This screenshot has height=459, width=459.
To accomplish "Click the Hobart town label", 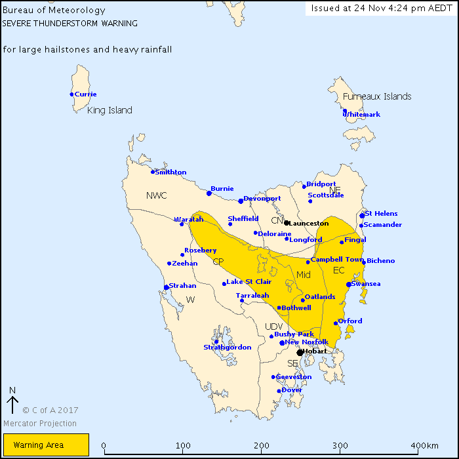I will (315, 351).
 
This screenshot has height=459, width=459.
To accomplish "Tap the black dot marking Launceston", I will (287, 223).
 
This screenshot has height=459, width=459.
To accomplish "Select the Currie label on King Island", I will (85, 94).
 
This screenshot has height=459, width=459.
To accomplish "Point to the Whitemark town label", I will (363, 115).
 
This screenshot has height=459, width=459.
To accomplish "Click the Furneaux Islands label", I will (377, 96).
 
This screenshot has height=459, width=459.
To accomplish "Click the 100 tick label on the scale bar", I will (183, 446).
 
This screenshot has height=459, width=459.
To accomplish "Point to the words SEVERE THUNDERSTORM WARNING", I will (70, 23).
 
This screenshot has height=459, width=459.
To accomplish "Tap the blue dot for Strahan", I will (166, 287).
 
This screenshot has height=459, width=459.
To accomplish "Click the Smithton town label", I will (170, 172).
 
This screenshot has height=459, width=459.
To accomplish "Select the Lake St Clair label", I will (249, 282).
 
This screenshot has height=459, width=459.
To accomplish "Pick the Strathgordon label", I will (227, 348).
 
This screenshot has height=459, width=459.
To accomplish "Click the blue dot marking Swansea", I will (348, 285).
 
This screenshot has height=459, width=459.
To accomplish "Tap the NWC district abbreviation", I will (157, 195).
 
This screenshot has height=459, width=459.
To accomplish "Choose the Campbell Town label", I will (337, 260).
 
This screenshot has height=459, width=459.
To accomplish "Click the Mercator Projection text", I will (40, 424).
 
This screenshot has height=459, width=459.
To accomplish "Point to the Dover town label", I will (292, 390).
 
